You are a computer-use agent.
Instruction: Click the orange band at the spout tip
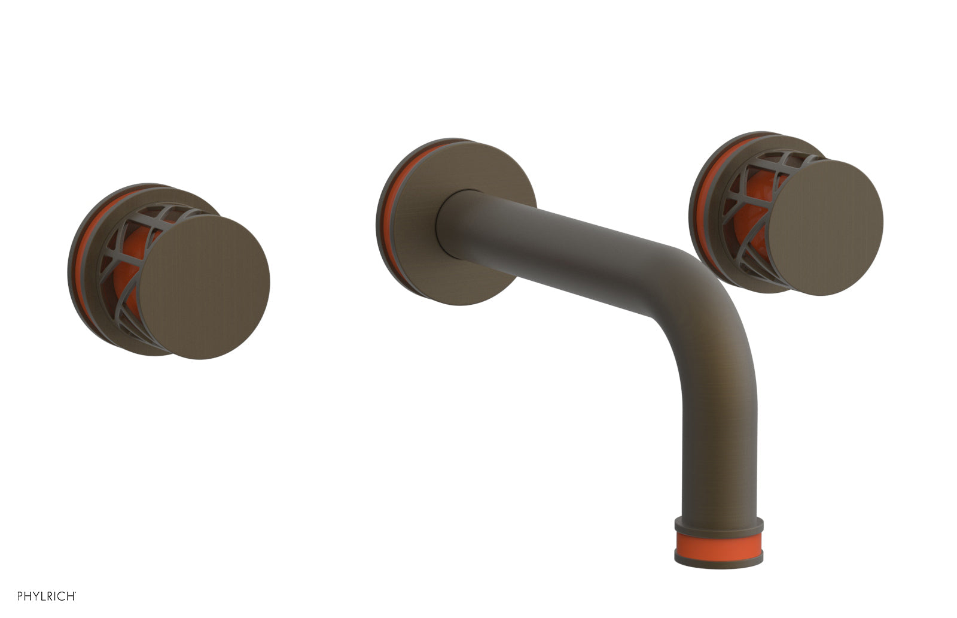tap(718, 541)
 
